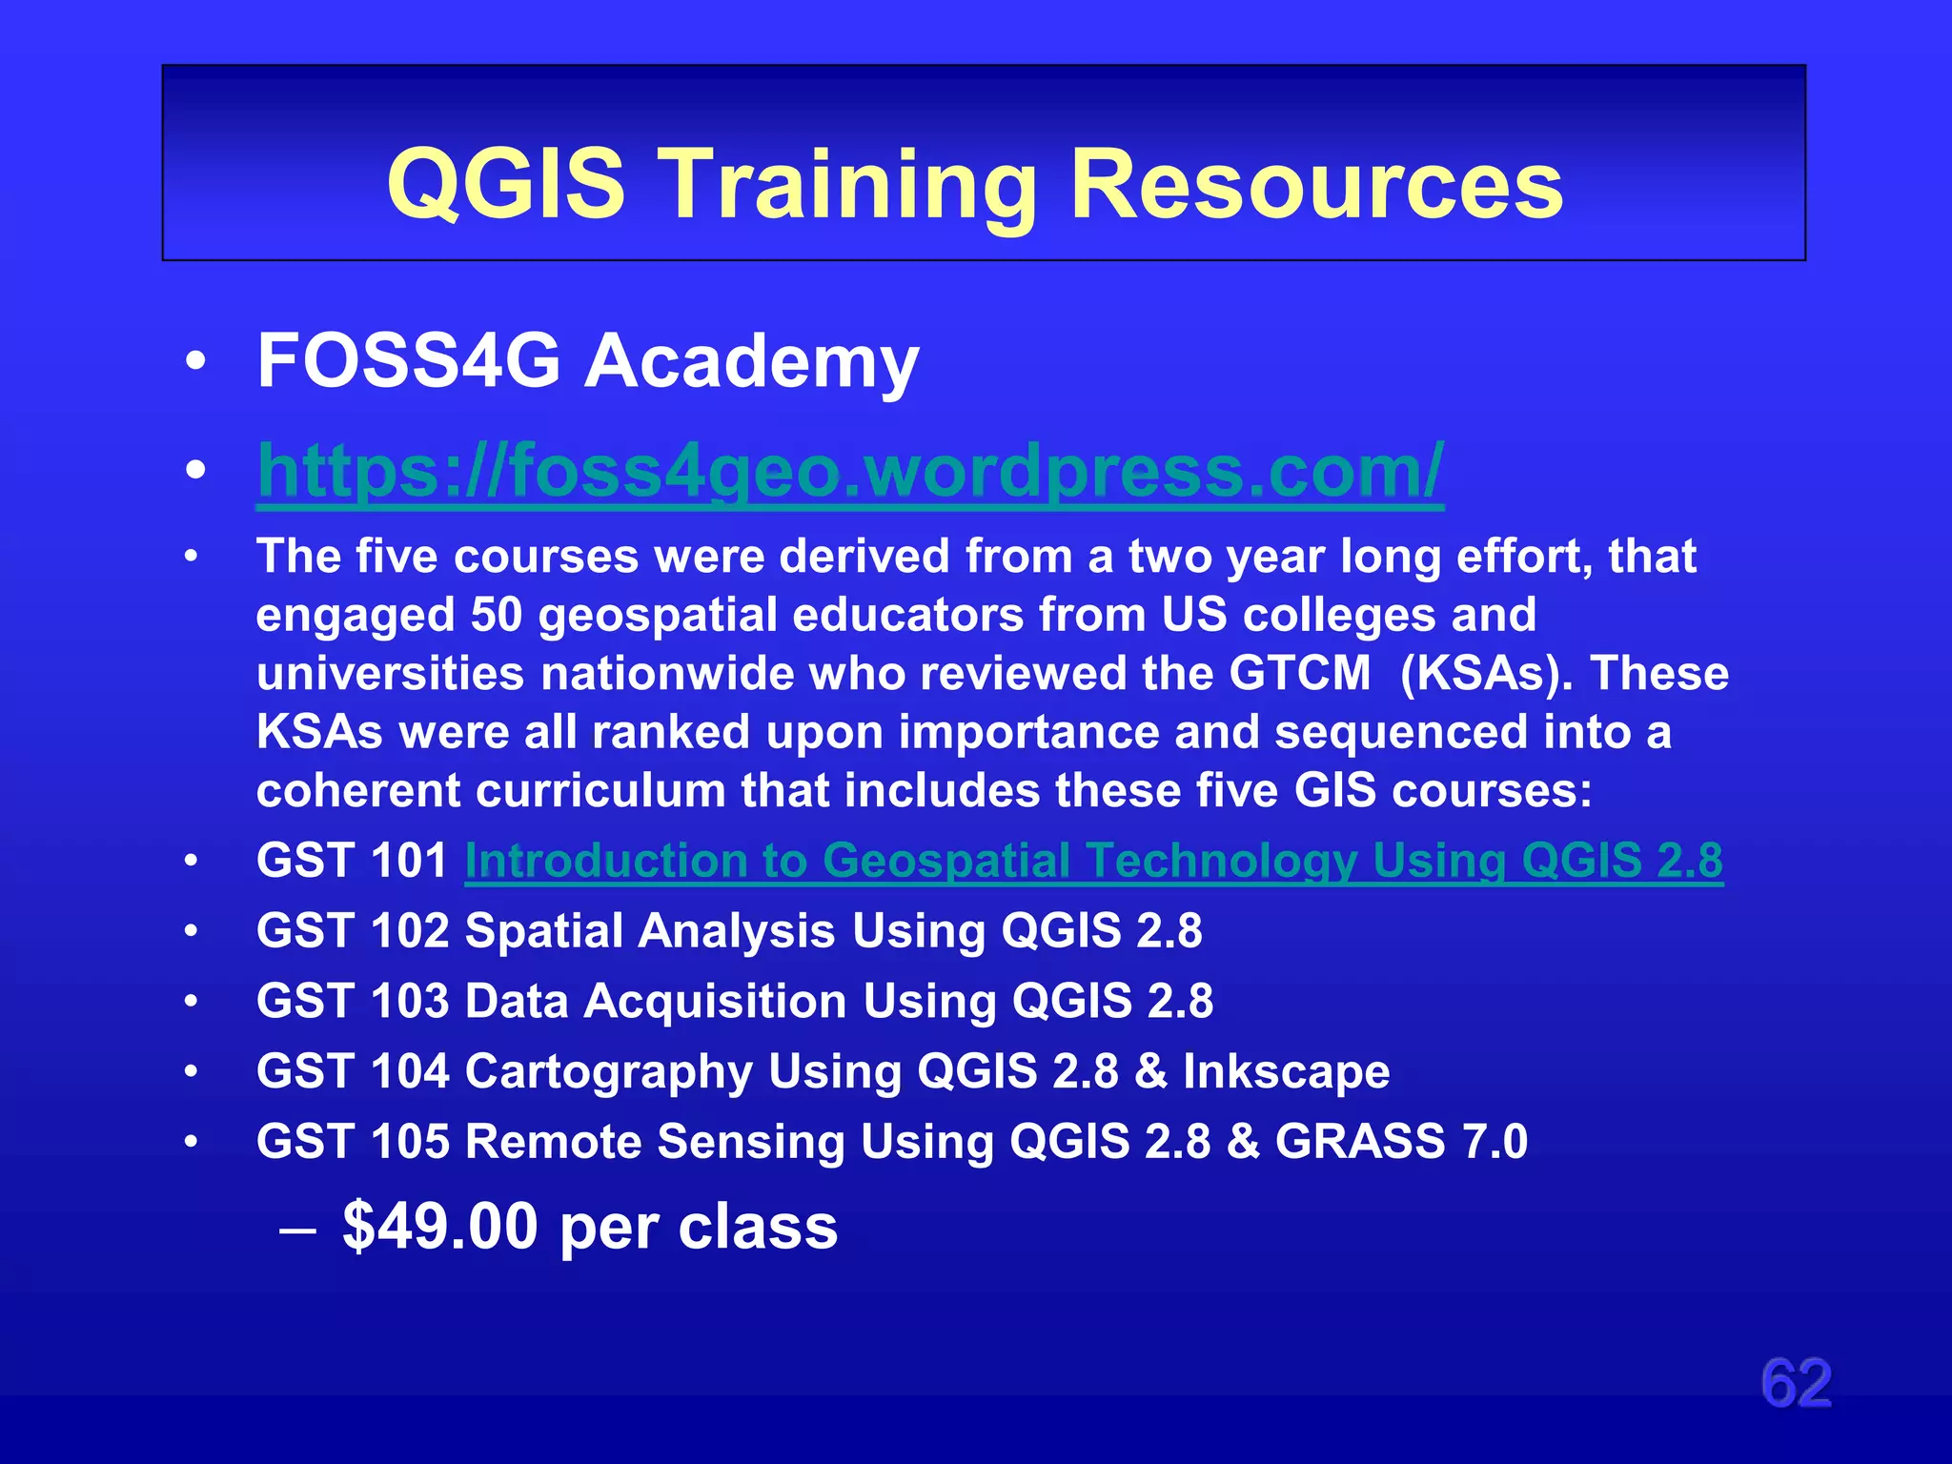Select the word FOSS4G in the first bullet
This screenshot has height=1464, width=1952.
(x=409, y=361)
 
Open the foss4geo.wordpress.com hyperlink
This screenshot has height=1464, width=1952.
(x=850, y=471)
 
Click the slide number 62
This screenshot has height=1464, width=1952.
(x=1796, y=1383)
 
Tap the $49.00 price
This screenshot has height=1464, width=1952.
(x=440, y=1226)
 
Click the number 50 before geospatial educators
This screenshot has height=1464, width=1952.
(x=497, y=615)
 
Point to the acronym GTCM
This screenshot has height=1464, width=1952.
(x=1299, y=673)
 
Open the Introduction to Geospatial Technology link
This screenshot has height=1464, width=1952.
(x=1093, y=861)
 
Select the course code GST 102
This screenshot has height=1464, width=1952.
(x=352, y=931)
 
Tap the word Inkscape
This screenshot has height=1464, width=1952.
(x=1286, y=1071)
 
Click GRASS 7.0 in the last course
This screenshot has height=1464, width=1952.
(x=1401, y=1142)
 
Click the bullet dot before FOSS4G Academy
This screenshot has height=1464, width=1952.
(x=195, y=362)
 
